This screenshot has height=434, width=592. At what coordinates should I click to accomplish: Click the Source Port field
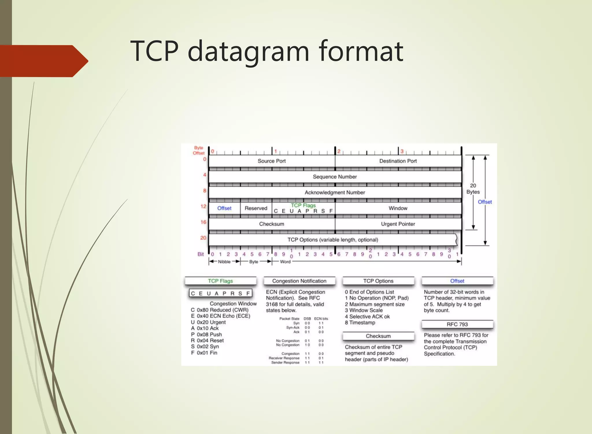[x=271, y=161]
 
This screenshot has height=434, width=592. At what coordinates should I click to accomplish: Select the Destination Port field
[x=398, y=161]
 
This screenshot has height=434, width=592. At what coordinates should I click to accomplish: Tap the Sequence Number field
[x=335, y=177]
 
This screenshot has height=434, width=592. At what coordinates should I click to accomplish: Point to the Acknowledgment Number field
[x=335, y=192]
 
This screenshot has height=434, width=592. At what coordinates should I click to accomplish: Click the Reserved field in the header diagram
[x=256, y=208]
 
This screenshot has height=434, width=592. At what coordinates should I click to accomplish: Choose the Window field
[x=398, y=208]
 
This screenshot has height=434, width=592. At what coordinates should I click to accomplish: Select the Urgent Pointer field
[x=398, y=224]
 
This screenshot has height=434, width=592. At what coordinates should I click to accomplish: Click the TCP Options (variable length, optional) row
[x=332, y=240]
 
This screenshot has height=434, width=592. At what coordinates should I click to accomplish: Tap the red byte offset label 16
[x=203, y=222]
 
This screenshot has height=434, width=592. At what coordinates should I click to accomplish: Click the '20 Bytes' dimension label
[x=473, y=189]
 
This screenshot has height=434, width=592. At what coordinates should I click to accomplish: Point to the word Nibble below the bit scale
[x=224, y=262]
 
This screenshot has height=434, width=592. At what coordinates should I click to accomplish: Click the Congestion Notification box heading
[x=299, y=281]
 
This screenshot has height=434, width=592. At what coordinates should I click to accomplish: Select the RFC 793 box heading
[x=457, y=324]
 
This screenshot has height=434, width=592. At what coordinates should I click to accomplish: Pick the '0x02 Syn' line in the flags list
[x=208, y=346]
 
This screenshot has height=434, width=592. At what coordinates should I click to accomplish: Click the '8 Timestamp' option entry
[x=360, y=322]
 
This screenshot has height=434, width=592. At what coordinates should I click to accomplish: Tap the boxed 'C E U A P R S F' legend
[x=220, y=293]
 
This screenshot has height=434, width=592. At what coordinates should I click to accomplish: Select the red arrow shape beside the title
[x=43, y=61]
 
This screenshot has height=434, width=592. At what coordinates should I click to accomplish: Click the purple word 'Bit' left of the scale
[x=201, y=254]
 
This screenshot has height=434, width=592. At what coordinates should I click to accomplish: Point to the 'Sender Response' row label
[x=285, y=362]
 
